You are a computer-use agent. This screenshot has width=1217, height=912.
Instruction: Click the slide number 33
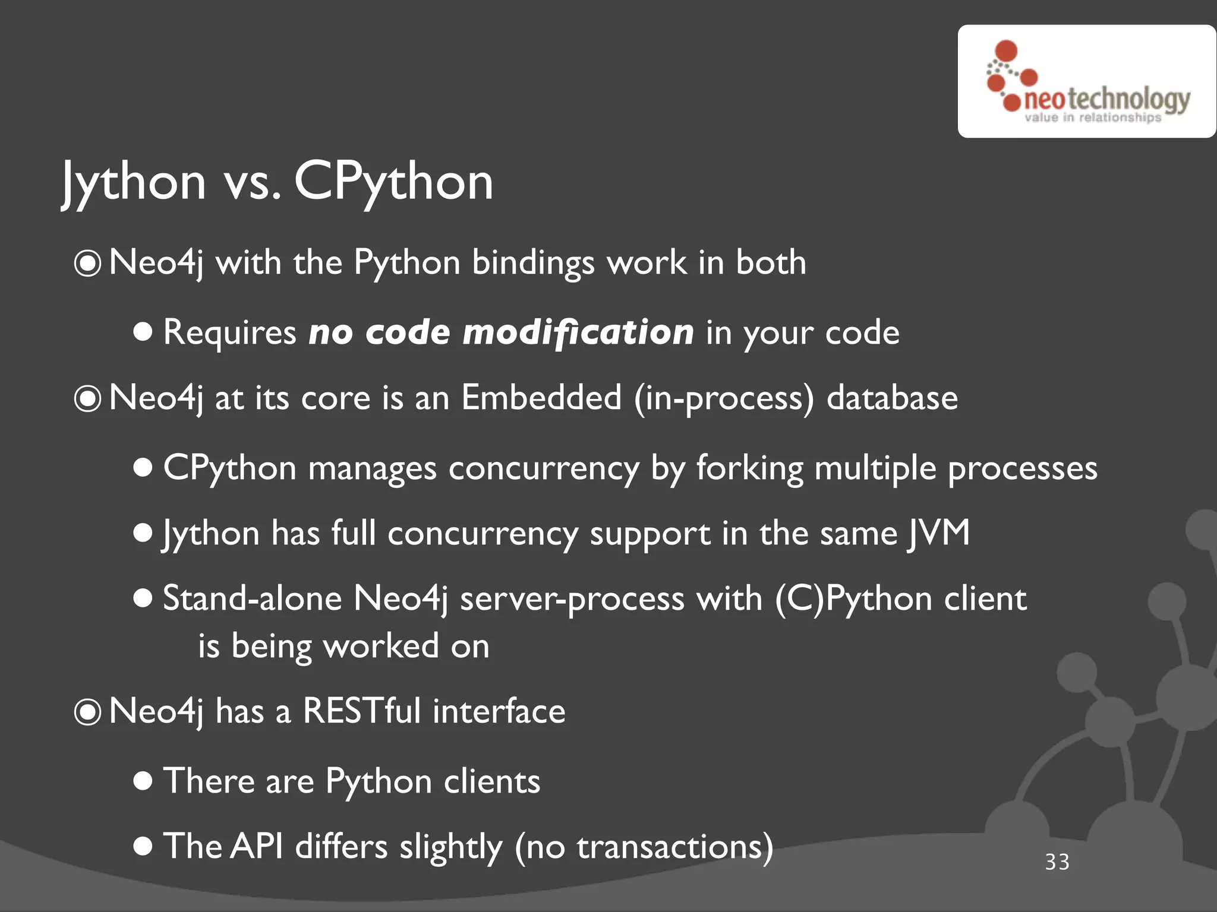[1057, 862]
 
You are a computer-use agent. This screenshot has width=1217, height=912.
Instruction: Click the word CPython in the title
[393, 182]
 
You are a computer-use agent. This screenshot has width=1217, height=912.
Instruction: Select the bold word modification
[578, 332]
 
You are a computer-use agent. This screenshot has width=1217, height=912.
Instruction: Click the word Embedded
[541, 397]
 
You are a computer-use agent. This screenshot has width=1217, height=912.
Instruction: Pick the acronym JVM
[939, 533]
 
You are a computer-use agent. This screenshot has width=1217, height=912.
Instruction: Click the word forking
[749, 468]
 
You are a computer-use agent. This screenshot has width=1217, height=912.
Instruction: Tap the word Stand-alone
[252, 598]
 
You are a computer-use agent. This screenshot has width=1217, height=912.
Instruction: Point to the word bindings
[533, 263]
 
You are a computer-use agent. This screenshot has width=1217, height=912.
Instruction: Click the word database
[892, 397]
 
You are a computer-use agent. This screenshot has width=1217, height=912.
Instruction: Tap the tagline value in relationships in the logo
[1092, 118]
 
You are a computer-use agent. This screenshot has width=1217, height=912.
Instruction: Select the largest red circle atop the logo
[1006, 50]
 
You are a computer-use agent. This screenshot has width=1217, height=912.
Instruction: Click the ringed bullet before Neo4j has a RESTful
[88, 712]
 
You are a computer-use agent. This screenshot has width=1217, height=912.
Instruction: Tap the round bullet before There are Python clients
[143, 781]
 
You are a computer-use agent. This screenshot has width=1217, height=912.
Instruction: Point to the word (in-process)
[724, 397]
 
